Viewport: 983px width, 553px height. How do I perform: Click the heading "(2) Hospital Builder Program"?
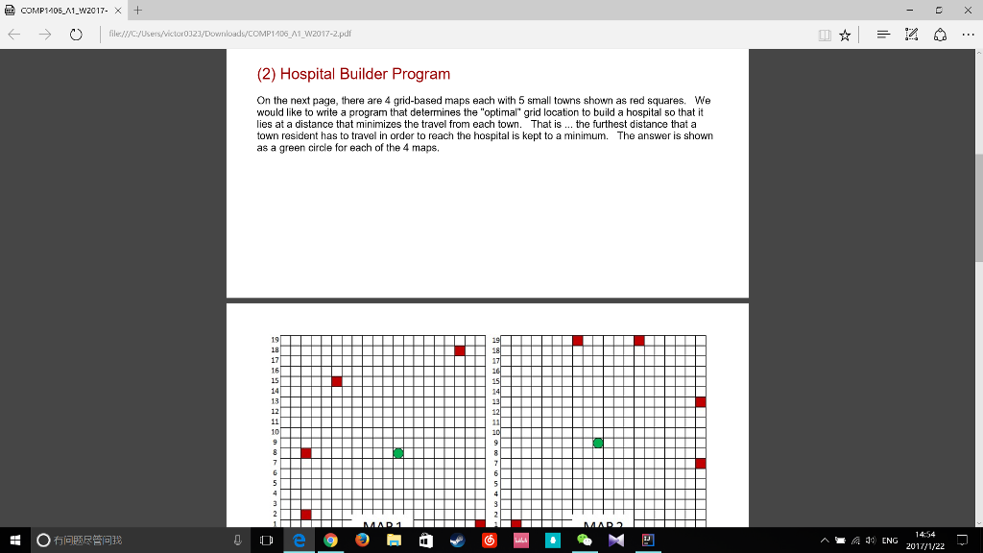353,74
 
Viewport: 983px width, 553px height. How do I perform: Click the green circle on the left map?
398,452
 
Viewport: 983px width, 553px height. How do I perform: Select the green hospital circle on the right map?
598,443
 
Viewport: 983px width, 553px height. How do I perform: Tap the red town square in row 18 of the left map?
460,350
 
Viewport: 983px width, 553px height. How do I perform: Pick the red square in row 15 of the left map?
337,381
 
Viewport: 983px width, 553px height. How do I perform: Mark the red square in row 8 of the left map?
306,452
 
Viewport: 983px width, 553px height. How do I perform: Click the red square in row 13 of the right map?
701,401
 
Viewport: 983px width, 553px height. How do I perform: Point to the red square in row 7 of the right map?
701,463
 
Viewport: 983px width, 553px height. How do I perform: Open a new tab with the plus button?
138,10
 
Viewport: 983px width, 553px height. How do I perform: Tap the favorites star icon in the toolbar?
844,36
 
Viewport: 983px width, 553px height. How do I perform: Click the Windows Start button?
15,541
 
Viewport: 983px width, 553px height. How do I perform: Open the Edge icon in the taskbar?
299,541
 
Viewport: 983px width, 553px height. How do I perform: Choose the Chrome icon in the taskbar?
330,541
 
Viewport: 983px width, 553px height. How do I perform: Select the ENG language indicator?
890,541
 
